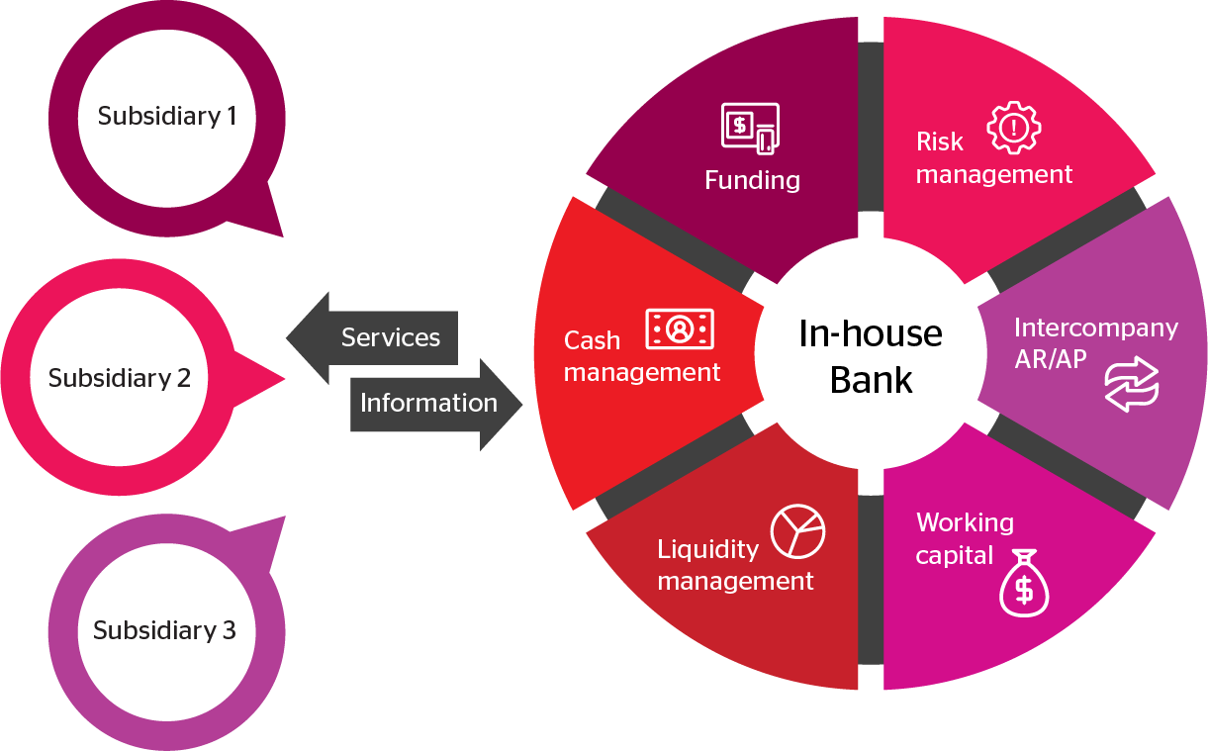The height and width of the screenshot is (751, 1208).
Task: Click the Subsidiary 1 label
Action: [167, 116]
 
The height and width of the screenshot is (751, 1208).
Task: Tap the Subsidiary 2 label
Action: [119, 378]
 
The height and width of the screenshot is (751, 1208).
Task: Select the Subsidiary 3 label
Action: [164, 630]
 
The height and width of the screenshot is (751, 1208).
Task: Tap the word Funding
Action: [752, 180]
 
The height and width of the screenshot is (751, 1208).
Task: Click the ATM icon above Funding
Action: [750, 128]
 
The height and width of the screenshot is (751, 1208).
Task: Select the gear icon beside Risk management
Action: [1014, 127]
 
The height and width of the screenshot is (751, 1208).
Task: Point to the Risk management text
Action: [993, 158]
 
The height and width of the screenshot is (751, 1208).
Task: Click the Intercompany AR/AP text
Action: [1095, 342]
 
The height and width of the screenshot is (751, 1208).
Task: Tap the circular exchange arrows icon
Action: [1132, 386]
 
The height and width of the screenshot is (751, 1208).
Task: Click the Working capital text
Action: [965, 538]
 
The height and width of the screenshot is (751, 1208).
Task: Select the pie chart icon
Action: [797, 531]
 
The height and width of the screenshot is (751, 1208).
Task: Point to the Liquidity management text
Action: [735, 565]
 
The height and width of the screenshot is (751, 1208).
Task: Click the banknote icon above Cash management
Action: [680, 329]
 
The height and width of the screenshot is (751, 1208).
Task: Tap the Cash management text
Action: [642, 356]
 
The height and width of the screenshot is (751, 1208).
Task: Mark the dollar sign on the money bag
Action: [1024, 591]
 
